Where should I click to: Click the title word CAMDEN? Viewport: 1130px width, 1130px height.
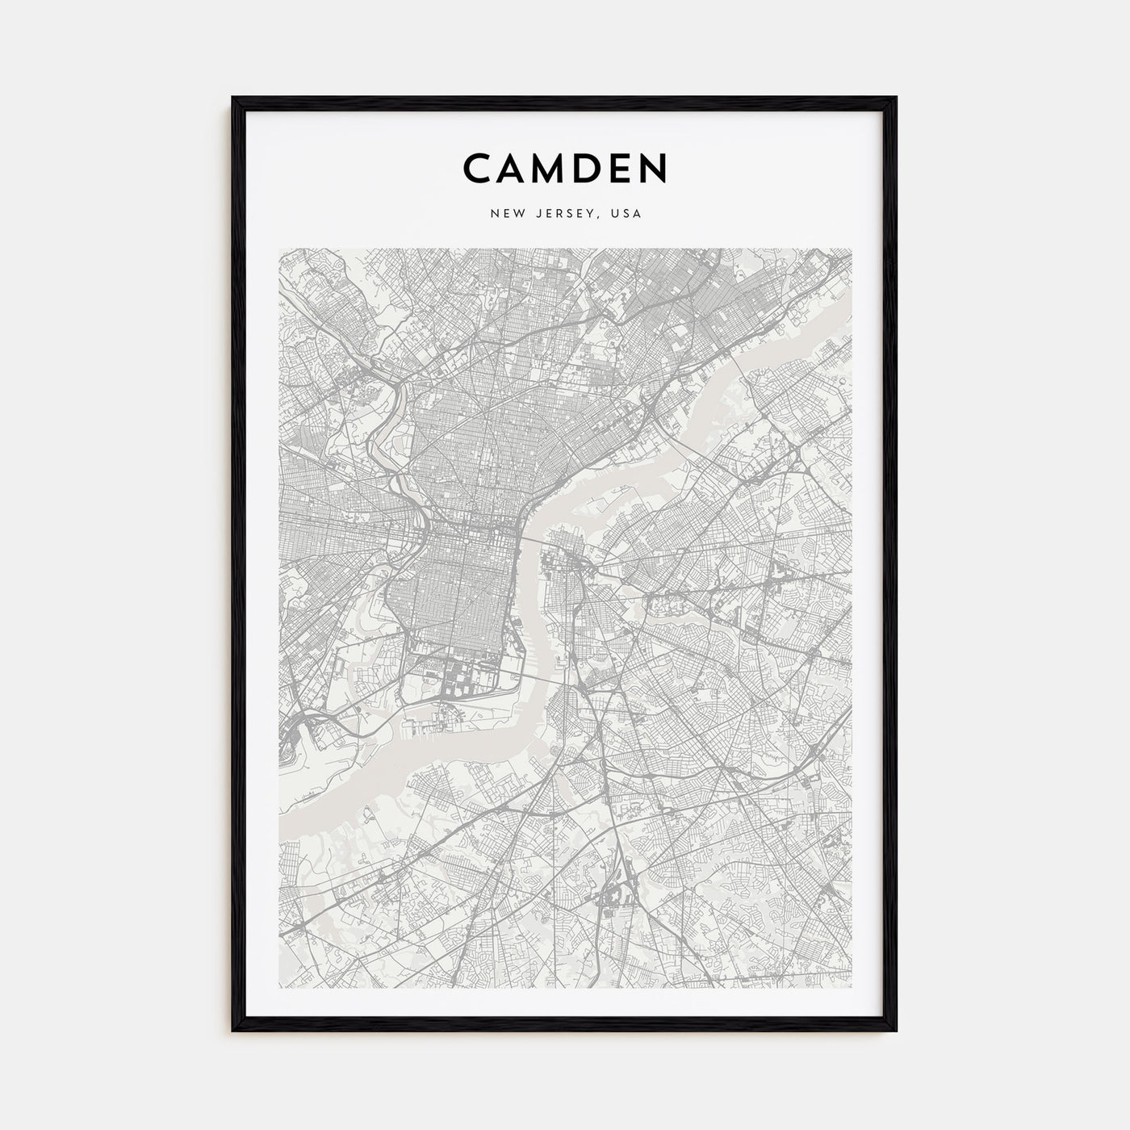565,167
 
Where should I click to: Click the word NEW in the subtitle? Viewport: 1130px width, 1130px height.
502,214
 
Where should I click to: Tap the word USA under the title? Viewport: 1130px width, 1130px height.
626,214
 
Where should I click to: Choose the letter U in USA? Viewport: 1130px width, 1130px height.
615,214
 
